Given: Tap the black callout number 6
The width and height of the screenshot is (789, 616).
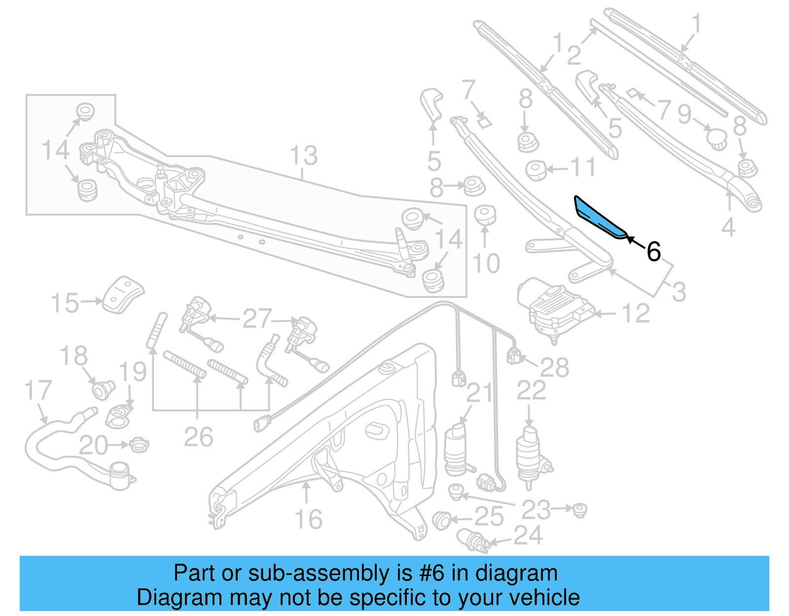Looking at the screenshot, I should click(653, 252).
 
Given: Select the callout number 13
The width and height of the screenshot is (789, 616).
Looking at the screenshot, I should click(303, 156).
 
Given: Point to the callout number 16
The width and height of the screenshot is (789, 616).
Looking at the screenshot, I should click(308, 519).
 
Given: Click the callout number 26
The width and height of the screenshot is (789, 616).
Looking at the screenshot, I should click(198, 437).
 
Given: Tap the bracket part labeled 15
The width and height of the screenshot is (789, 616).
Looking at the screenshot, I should click(123, 294).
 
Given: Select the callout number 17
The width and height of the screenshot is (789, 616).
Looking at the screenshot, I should click(38, 390).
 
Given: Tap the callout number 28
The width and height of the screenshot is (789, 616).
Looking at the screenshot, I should click(554, 368).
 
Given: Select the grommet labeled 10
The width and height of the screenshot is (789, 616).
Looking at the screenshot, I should click(485, 215).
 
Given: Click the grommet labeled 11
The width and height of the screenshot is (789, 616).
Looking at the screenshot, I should click(536, 170).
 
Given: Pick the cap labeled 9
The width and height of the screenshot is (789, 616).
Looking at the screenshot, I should click(717, 137).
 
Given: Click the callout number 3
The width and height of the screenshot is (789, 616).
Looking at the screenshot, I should click(679, 292).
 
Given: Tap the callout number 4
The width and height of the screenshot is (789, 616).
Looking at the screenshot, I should click(728, 227).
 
